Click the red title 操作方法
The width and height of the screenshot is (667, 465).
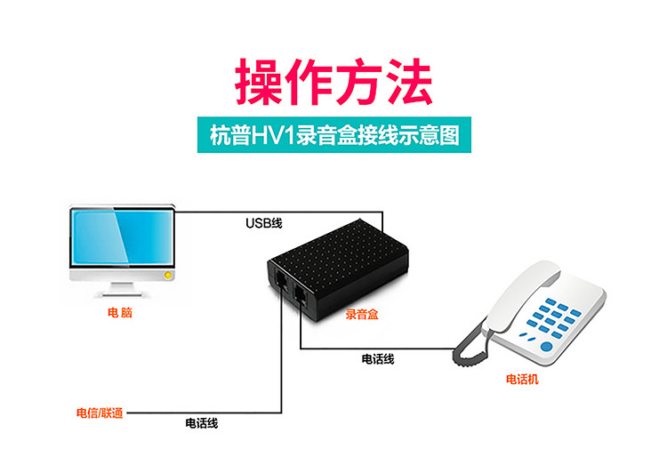point(333,83)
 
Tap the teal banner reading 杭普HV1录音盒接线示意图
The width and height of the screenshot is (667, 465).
point(333,136)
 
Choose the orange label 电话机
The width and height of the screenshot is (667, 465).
point(522,380)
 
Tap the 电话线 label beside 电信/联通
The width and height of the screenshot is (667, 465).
point(202,423)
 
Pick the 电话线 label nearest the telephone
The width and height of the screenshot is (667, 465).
point(378,359)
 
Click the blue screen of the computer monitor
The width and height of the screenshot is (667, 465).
point(120,239)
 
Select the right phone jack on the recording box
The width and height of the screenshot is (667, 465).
point(301,295)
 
